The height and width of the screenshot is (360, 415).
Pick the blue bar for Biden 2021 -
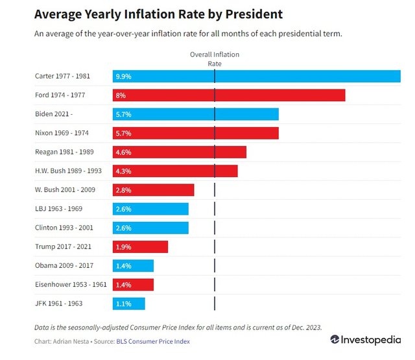(x=195, y=114)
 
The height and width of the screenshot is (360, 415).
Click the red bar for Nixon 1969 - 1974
(x=195, y=133)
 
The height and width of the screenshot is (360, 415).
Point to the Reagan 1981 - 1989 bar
(x=179, y=152)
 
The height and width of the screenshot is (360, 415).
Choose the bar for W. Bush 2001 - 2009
(x=153, y=189)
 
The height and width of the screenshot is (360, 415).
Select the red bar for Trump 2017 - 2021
(x=140, y=246)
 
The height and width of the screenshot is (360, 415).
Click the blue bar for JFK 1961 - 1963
(x=128, y=304)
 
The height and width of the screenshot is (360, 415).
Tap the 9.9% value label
(x=123, y=76)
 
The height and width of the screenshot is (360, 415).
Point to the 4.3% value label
(x=123, y=171)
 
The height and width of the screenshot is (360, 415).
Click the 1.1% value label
(x=123, y=304)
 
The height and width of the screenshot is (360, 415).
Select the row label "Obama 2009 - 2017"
(x=64, y=265)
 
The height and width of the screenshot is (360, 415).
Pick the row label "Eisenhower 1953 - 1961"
(x=71, y=284)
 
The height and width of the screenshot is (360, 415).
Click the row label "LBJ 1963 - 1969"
(x=58, y=209)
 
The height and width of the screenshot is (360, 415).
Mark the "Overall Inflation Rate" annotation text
(x=214, y=59)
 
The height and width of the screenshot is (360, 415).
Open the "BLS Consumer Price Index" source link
(x=153, y=341)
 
